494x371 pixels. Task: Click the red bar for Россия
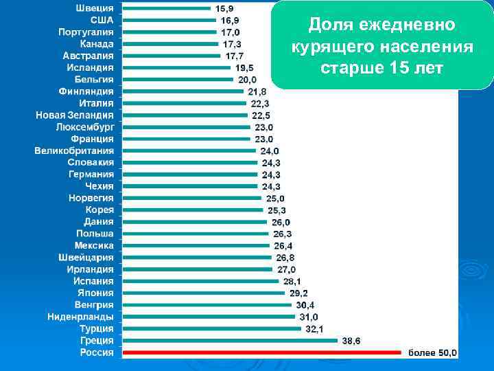point(261,352)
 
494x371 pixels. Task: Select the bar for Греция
point(230,340)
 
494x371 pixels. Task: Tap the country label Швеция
point(95,8)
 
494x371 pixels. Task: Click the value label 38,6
point(351,341)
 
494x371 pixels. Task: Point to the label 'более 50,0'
point(432,352)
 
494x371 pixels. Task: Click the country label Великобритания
point(75,150)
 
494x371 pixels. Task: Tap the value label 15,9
point(224,9)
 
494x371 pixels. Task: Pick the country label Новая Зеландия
point(75,115)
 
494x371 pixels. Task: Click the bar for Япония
point(203,293)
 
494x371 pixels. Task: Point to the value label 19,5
point(244,67)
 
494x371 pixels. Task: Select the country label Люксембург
point(85,126)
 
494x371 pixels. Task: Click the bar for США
point(169,20)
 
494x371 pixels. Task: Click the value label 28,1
point(292,281)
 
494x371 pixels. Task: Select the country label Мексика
point(95,245)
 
